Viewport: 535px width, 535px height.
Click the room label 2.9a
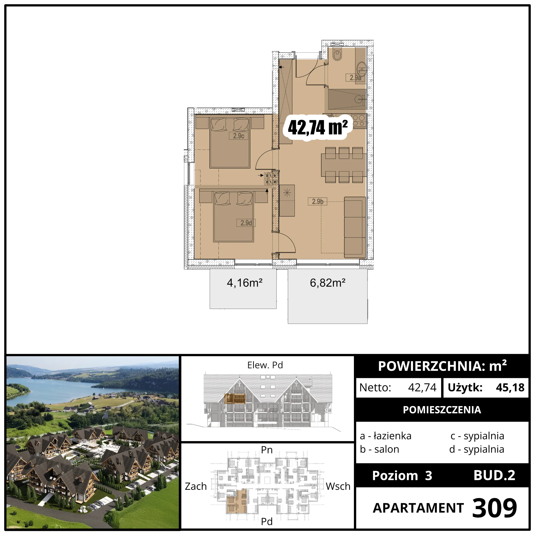coord(355,78)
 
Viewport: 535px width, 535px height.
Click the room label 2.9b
coord(318,201)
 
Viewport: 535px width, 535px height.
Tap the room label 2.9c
coord(238,136)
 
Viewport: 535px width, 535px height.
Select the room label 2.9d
coord(246,223)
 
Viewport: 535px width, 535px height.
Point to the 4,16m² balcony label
coord(244,283)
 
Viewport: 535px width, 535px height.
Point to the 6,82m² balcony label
coord(328,283)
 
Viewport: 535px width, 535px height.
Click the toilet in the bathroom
coord(337,55)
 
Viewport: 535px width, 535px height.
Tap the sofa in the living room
coord(355,227)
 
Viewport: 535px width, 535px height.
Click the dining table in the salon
coord(344,165)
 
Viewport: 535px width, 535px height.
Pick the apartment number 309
coord(494,508)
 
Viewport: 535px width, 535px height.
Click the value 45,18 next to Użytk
coord(510,387)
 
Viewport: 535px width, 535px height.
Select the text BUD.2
coord(494,475)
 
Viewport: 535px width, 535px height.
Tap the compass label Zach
coord(196,486)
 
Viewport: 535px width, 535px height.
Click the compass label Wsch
coord(338,486)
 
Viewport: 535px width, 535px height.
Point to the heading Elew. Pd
coord(265,365)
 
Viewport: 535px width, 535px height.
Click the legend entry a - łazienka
coord(385,436)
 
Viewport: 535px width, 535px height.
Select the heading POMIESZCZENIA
coord(442,410)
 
